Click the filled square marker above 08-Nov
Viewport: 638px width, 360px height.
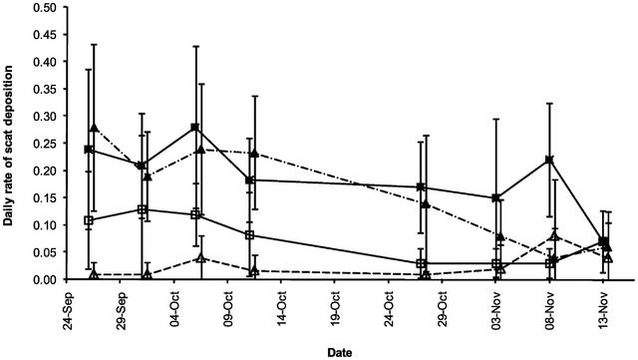tap(549, 160)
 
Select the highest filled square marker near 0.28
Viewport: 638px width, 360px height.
tap(194, 128)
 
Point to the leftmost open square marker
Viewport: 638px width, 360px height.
tap(89, 220)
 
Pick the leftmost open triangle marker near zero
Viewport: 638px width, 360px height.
tap(94, 274)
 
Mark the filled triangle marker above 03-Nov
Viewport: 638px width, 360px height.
tap(500, 236)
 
